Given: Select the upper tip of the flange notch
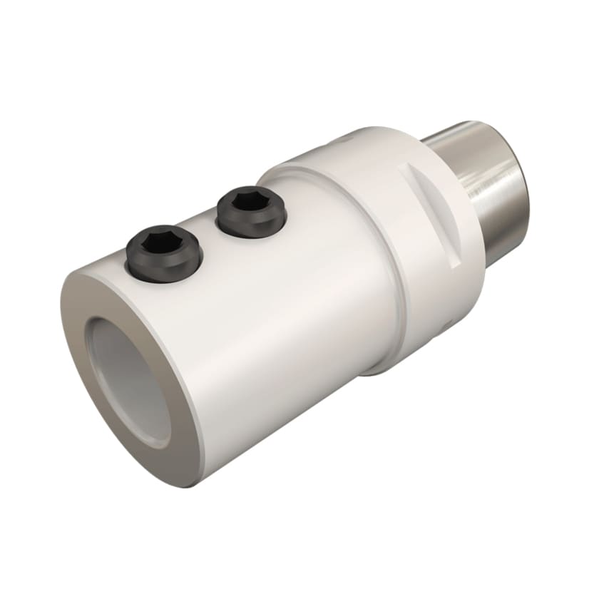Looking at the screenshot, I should [408, 167].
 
